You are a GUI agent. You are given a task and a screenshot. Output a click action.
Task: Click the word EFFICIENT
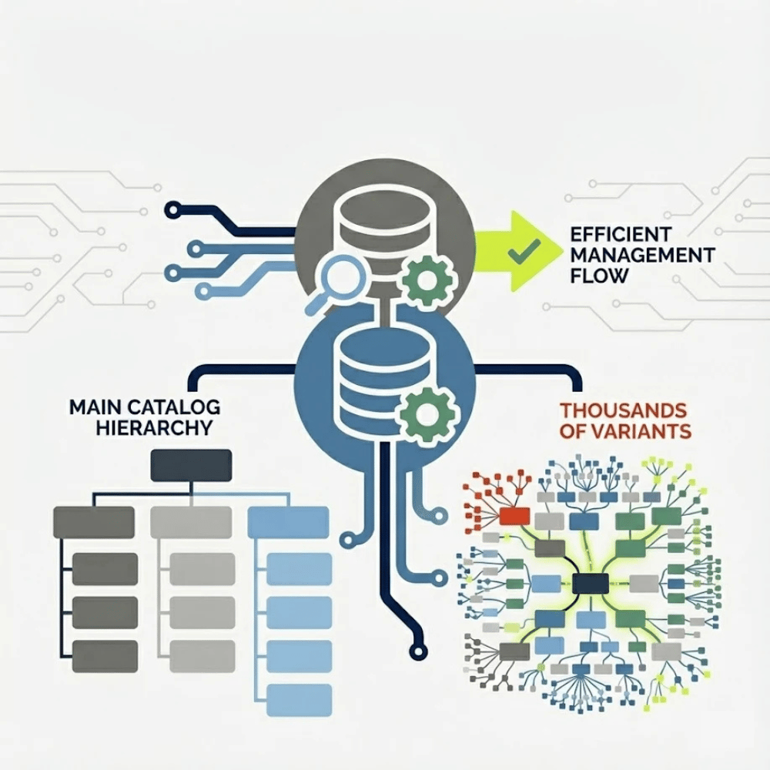pyautogui.click(x=621, y=234)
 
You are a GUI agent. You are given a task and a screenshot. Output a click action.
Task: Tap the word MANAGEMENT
pyautogui.click(x=642, y=256)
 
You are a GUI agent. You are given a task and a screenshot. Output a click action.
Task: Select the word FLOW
pyautogui.click(x=599, y=276)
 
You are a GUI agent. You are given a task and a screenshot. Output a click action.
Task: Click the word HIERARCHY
pyautogui.click(x=154, y=428)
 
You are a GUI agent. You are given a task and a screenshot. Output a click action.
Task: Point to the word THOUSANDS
pyautogui.click(x=623, y=410)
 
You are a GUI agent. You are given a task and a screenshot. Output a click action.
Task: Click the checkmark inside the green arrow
pyautogui.click(x=524, y=249)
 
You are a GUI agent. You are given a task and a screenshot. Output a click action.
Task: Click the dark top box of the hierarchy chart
pyautogui.click(x=191, y=466)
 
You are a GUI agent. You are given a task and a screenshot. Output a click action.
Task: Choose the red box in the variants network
pyautogui.click(x=514, y=516)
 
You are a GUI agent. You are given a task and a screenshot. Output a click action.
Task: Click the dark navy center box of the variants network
pyautogui.click(x=591, y=584)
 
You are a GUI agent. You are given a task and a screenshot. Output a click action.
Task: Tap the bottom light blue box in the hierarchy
pyautogui.click(x=299, y=701)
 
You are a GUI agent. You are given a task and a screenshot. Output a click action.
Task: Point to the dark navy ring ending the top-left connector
pyautogui.click(x=173, y=210)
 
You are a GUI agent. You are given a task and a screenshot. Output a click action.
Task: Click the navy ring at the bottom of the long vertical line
pyautogui.click(x=418, y=651)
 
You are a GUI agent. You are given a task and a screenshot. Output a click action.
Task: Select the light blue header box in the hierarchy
pyautogui.click(x=288, y=523)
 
